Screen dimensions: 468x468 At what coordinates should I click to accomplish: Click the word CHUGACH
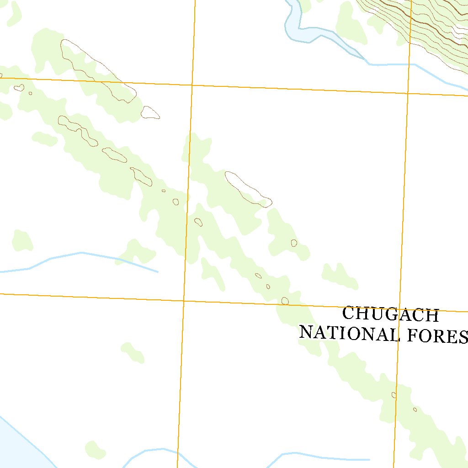coord(390,315)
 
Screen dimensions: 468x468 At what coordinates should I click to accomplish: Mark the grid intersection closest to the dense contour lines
coord(408,94)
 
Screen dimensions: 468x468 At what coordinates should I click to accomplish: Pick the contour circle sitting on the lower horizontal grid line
coord(285,300)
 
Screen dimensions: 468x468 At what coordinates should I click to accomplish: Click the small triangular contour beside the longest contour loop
coord(150,112)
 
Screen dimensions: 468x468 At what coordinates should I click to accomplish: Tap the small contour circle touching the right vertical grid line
coord(394,394)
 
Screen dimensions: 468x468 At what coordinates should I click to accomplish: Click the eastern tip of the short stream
coord(158,272)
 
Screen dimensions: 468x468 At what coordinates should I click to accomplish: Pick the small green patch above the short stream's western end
coord(22,240)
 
